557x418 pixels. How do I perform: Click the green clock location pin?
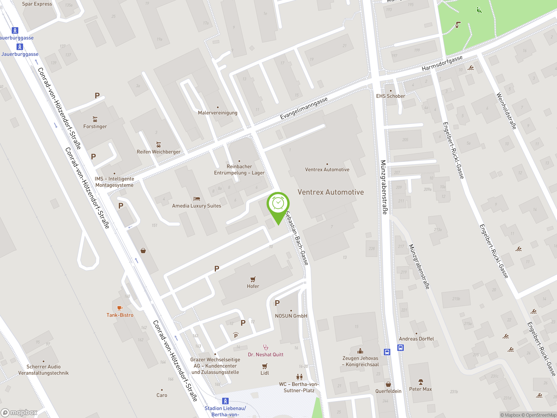[x=278, y=204]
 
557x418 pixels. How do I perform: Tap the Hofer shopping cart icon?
[x=253, y=279]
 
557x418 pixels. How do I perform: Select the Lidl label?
[x=265, y=373]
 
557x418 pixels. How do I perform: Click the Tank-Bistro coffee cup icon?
[x=120, y=308]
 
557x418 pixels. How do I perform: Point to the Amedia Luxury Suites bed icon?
[x=197, y=199]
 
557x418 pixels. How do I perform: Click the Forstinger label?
[x=95, y=126]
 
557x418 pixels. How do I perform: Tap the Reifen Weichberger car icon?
[x=158, y=145]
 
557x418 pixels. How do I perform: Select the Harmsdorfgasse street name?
[x=442, y=63]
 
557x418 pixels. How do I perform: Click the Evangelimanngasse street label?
[x=304, y=108]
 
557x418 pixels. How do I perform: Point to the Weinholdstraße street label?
[x=506, y=111]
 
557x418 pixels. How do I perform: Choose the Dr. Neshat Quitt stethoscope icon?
[x=265, y=347]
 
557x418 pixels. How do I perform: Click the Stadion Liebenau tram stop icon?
[x=225, y=401]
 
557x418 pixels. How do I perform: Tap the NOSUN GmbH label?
[x=291, y=316]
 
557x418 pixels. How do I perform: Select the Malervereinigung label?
[x=218, y=113]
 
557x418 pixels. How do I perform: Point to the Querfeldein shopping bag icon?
[x=388, y=384]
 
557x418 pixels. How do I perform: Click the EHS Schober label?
[x=391, y=96]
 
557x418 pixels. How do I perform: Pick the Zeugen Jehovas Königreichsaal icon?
[x=360, y=351]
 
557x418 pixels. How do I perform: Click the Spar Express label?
[x=37, y=4]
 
